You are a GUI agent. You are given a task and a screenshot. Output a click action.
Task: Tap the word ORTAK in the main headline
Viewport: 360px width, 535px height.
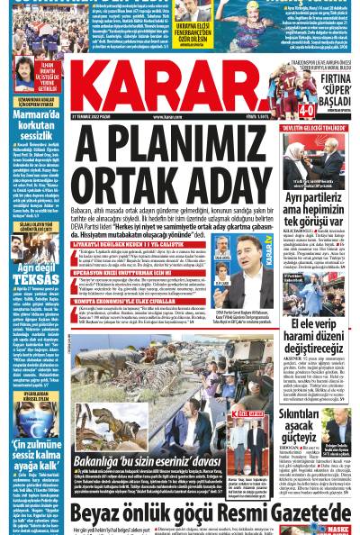[x=131, y=186]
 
